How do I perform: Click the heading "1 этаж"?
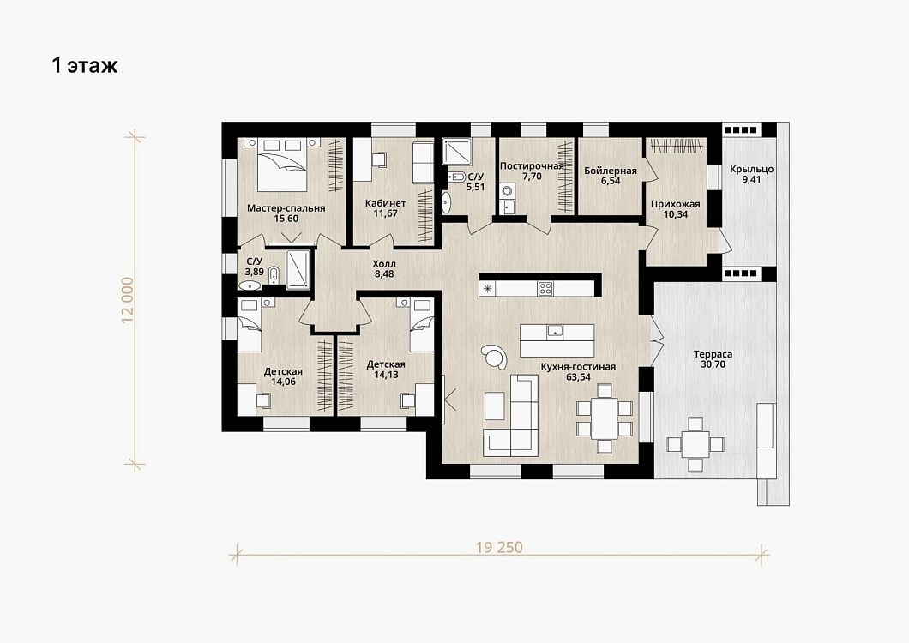[85, 65]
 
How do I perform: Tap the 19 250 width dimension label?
[499, 547]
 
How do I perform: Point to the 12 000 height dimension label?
[128, 300]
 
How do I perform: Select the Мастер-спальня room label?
[286, 208]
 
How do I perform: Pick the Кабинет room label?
[386, 203]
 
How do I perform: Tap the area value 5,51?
[475, 187]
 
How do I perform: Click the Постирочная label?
[532, 166]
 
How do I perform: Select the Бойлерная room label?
[611, 171]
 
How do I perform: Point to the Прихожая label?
[676, 204]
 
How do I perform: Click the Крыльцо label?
[751, 169]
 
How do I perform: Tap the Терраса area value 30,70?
[713, 364]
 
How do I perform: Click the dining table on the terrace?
[695, 445]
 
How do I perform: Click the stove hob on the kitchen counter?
[545, 288]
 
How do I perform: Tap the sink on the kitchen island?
[555, 331]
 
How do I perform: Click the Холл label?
[384, 264]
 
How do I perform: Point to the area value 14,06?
[283, 382]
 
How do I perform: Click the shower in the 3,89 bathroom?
[298, 268]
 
